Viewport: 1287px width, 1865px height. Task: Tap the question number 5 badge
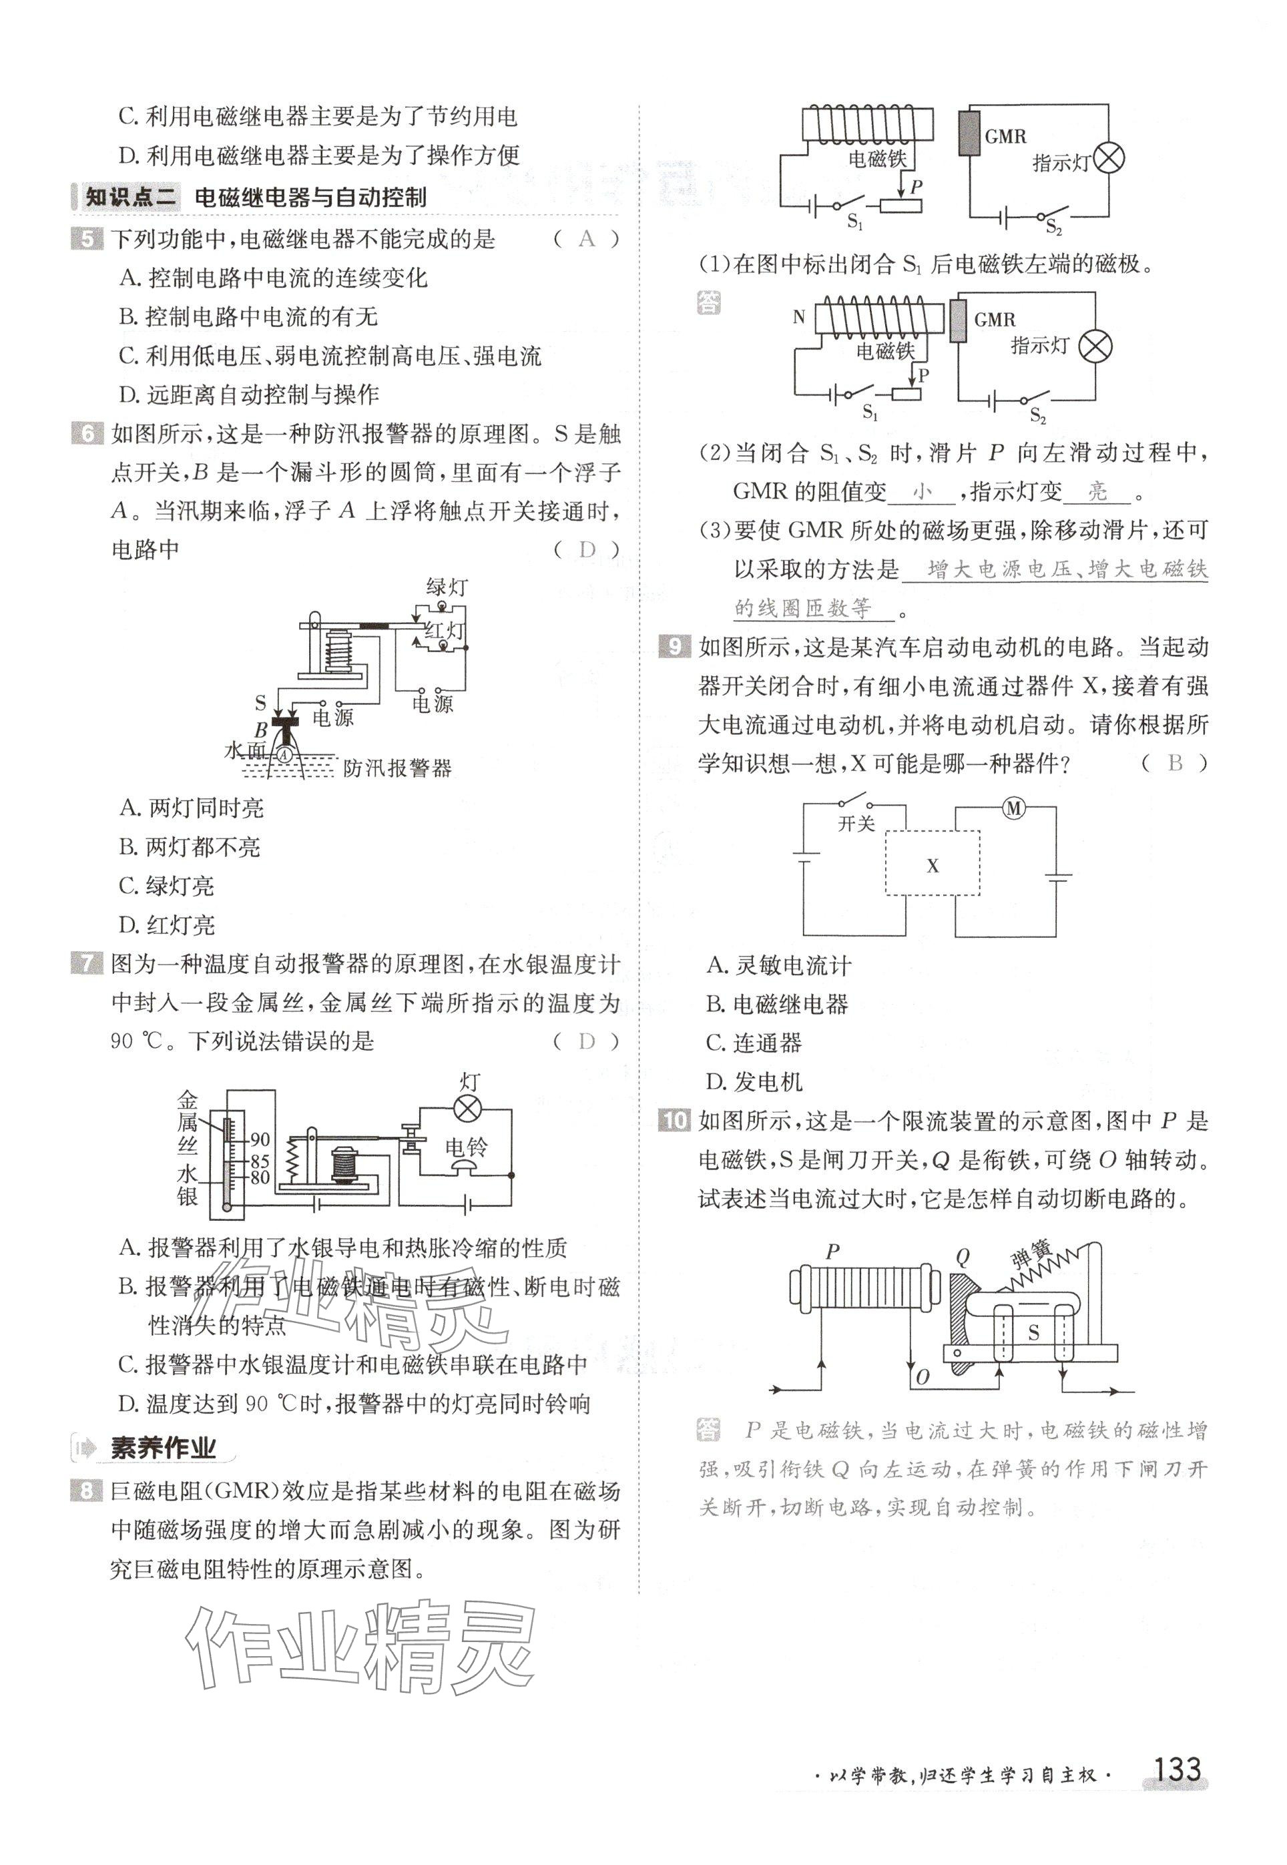point(87,240)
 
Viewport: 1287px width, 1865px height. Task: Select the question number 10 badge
point(674,1120)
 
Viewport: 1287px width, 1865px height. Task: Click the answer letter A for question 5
point(586,239)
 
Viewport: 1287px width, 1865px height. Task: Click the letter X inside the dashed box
point(933,866)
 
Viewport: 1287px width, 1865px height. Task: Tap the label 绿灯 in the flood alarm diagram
point(447,587)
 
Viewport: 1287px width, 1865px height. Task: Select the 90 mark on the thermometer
point(260,1139)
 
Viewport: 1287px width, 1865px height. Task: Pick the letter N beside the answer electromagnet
point(798,317)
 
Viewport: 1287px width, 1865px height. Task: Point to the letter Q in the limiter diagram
point(963,1256)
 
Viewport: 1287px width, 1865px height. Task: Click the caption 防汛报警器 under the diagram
point(397,768)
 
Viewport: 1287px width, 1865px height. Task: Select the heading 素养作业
point(163,1448)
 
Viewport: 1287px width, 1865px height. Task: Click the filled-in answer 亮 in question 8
point(1097,491)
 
